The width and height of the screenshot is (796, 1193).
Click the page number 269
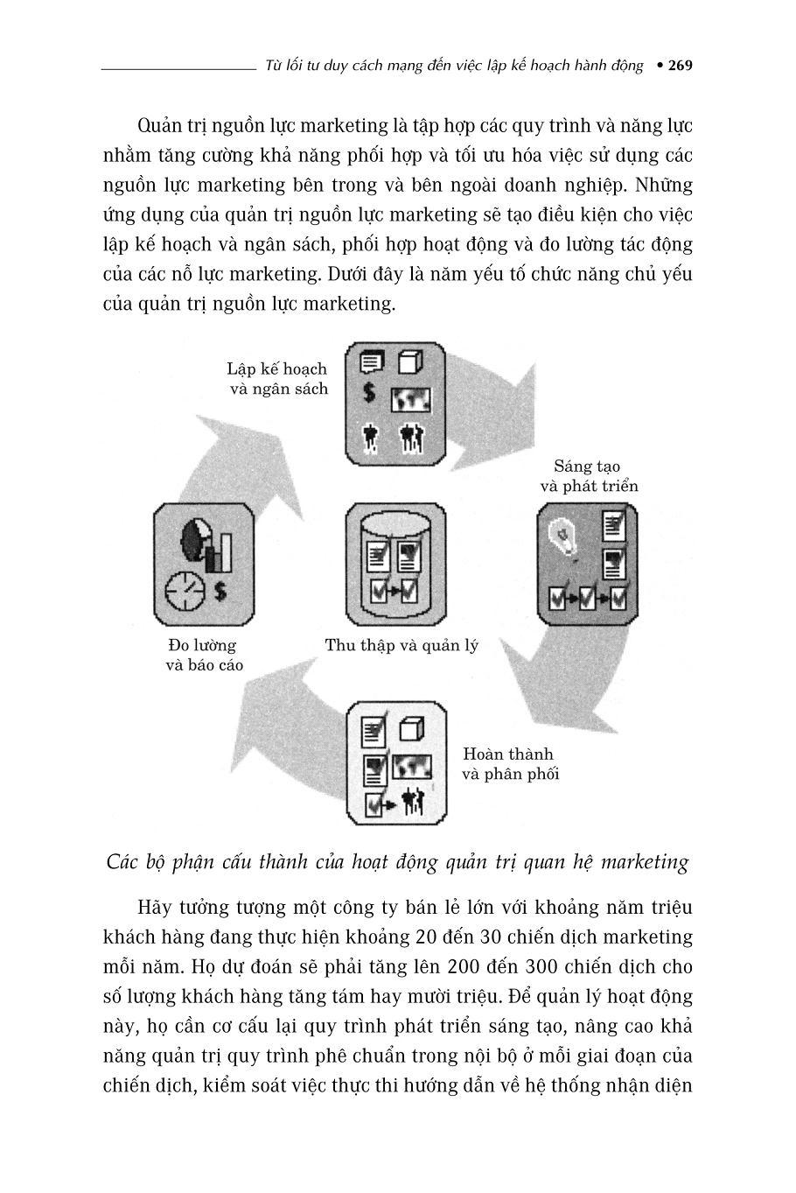tap(680, 66)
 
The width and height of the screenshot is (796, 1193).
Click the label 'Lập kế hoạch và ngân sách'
tap(277, 378)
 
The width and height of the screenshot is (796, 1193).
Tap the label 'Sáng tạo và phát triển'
tap(589, 476)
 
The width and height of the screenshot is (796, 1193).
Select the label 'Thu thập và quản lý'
tap(401, 646)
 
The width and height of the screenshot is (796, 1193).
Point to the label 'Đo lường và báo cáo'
tap(204, 655)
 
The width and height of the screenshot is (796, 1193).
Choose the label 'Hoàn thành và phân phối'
tap(509, 763)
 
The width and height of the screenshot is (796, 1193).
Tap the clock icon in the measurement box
tap(185, 591)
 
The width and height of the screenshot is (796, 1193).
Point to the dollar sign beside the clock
tap(220, 592)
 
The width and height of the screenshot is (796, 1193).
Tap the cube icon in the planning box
tap(411, 361)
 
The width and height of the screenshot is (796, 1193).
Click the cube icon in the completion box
tap(411, 728)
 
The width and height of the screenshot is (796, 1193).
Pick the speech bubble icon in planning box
tap(371, 361)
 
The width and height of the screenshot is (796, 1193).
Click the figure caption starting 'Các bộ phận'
tap(397, 862)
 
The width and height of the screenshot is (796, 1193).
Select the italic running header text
tap(454, 66)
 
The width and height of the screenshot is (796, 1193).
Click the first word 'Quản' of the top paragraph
tap(160, 125)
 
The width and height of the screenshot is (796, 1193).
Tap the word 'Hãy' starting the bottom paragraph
tap(157, 907)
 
